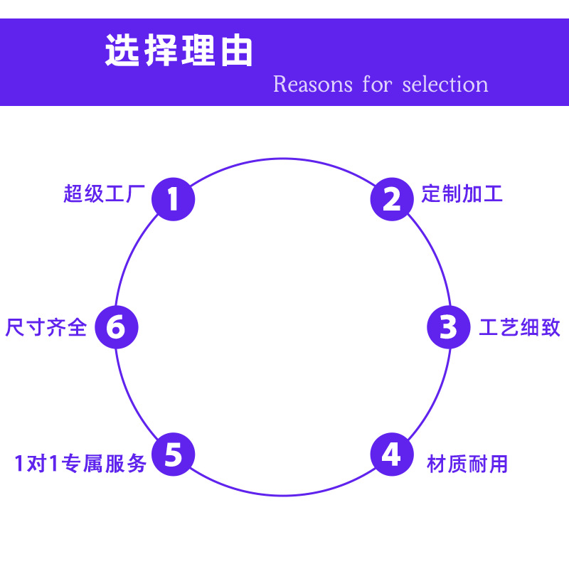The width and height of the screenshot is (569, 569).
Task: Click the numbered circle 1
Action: [173, 198]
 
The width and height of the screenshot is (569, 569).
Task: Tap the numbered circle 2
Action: [391, 198]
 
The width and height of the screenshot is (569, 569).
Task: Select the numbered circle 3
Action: [448, 327]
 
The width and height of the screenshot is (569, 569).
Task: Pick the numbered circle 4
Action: [391, 454]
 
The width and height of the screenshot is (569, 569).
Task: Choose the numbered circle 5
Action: [174, 454]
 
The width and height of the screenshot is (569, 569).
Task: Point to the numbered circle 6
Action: [116, 327]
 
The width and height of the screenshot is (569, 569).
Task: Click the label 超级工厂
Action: [104, 193]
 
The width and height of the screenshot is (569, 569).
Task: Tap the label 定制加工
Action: [462, 193]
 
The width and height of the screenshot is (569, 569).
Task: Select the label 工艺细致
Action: [519, 328]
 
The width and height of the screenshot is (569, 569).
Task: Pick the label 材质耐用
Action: [467, 464]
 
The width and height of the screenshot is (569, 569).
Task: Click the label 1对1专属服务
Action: [80, 464]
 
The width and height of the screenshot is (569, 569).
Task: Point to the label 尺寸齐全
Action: [46, 328]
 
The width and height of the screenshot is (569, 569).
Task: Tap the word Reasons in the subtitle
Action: [312, 85]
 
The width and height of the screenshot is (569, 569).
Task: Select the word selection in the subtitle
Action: [445, 85]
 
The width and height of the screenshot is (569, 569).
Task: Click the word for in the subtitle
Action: [377, 85]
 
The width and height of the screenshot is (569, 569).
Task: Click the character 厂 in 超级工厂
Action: [135, 193]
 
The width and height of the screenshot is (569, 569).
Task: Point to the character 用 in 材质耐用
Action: [498, 464]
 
